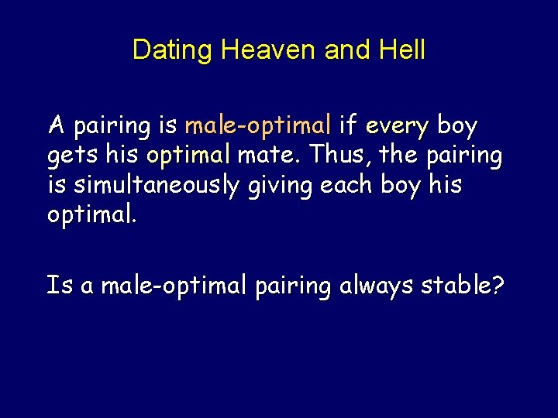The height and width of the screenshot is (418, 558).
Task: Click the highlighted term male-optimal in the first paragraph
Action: [x=258, y=125]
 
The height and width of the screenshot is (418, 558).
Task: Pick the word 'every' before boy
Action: [x=398, y=125]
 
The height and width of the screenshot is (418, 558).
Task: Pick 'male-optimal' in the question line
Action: [x=174, y=286]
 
